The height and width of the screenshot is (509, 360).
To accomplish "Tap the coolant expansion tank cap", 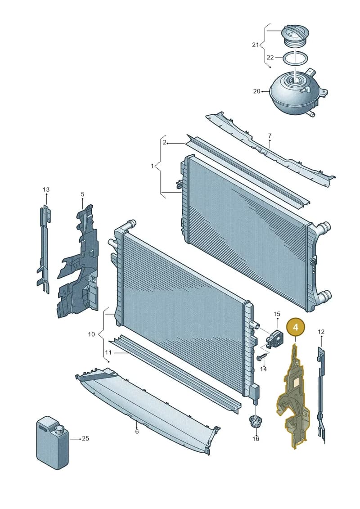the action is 295,36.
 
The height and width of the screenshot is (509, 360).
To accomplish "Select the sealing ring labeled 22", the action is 295,59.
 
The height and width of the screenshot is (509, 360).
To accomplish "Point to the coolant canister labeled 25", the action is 52,443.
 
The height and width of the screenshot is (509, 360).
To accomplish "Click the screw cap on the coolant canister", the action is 59,430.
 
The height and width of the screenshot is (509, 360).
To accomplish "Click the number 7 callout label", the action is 270,136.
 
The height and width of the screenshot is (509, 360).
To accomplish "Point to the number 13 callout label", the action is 46,189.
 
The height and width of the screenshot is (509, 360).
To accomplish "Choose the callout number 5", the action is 82,194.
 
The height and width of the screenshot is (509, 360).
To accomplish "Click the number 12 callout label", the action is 321,332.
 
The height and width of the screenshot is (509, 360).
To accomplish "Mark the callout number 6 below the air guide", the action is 137,432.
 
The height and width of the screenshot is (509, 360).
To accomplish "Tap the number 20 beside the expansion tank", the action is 256,91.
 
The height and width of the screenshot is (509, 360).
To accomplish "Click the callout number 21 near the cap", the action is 256,45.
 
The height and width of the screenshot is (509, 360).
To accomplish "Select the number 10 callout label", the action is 91,334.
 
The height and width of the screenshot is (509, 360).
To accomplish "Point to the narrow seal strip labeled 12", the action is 321,394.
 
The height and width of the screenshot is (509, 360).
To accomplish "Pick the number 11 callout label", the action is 108,352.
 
